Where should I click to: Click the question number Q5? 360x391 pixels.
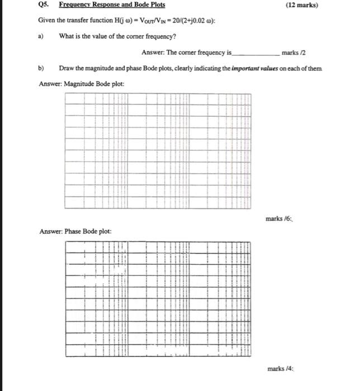point(44,5)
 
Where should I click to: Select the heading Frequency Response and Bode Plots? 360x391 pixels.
point(112,5)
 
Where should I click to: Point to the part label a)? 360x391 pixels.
point(41,36)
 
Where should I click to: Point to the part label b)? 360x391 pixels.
point(41,68)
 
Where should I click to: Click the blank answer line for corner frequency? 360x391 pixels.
point(255,53)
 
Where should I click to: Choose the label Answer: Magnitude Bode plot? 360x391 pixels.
point(82,84)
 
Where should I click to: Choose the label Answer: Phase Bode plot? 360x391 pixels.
point(75,231)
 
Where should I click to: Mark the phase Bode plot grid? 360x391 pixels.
point(158,299)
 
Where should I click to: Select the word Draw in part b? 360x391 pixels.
point(66,68)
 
